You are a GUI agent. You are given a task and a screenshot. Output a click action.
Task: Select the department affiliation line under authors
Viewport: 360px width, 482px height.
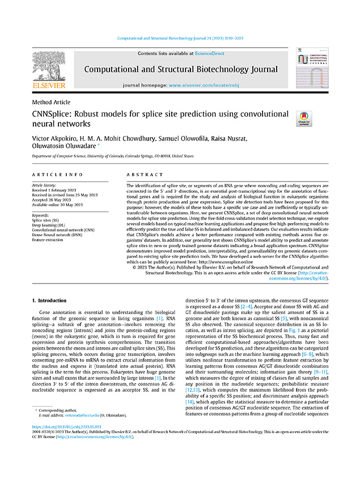point(112,156)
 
